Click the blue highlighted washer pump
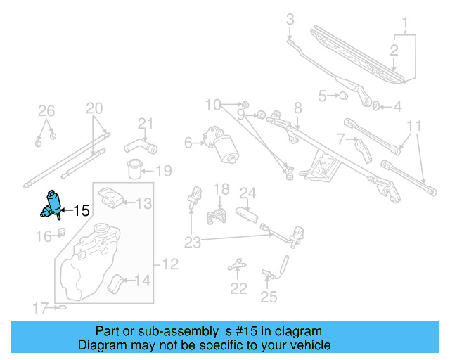(x=51, y=203)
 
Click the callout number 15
(x=82, y=210)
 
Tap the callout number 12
(x=171, y=265)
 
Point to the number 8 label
(x=297, y=108)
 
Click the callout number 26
(x=46, y=110)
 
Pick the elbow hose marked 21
(x=139, y=146)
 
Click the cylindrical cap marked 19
(x=133, y=169)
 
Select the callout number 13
(x=143, y=205)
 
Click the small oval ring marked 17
(x=62, y=308)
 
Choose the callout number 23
(x=193, y=243)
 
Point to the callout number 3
(x=290, y=20)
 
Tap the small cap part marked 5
(x=344, y=95)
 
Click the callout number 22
(x=239, y=288)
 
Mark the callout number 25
(x=269, y=297)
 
